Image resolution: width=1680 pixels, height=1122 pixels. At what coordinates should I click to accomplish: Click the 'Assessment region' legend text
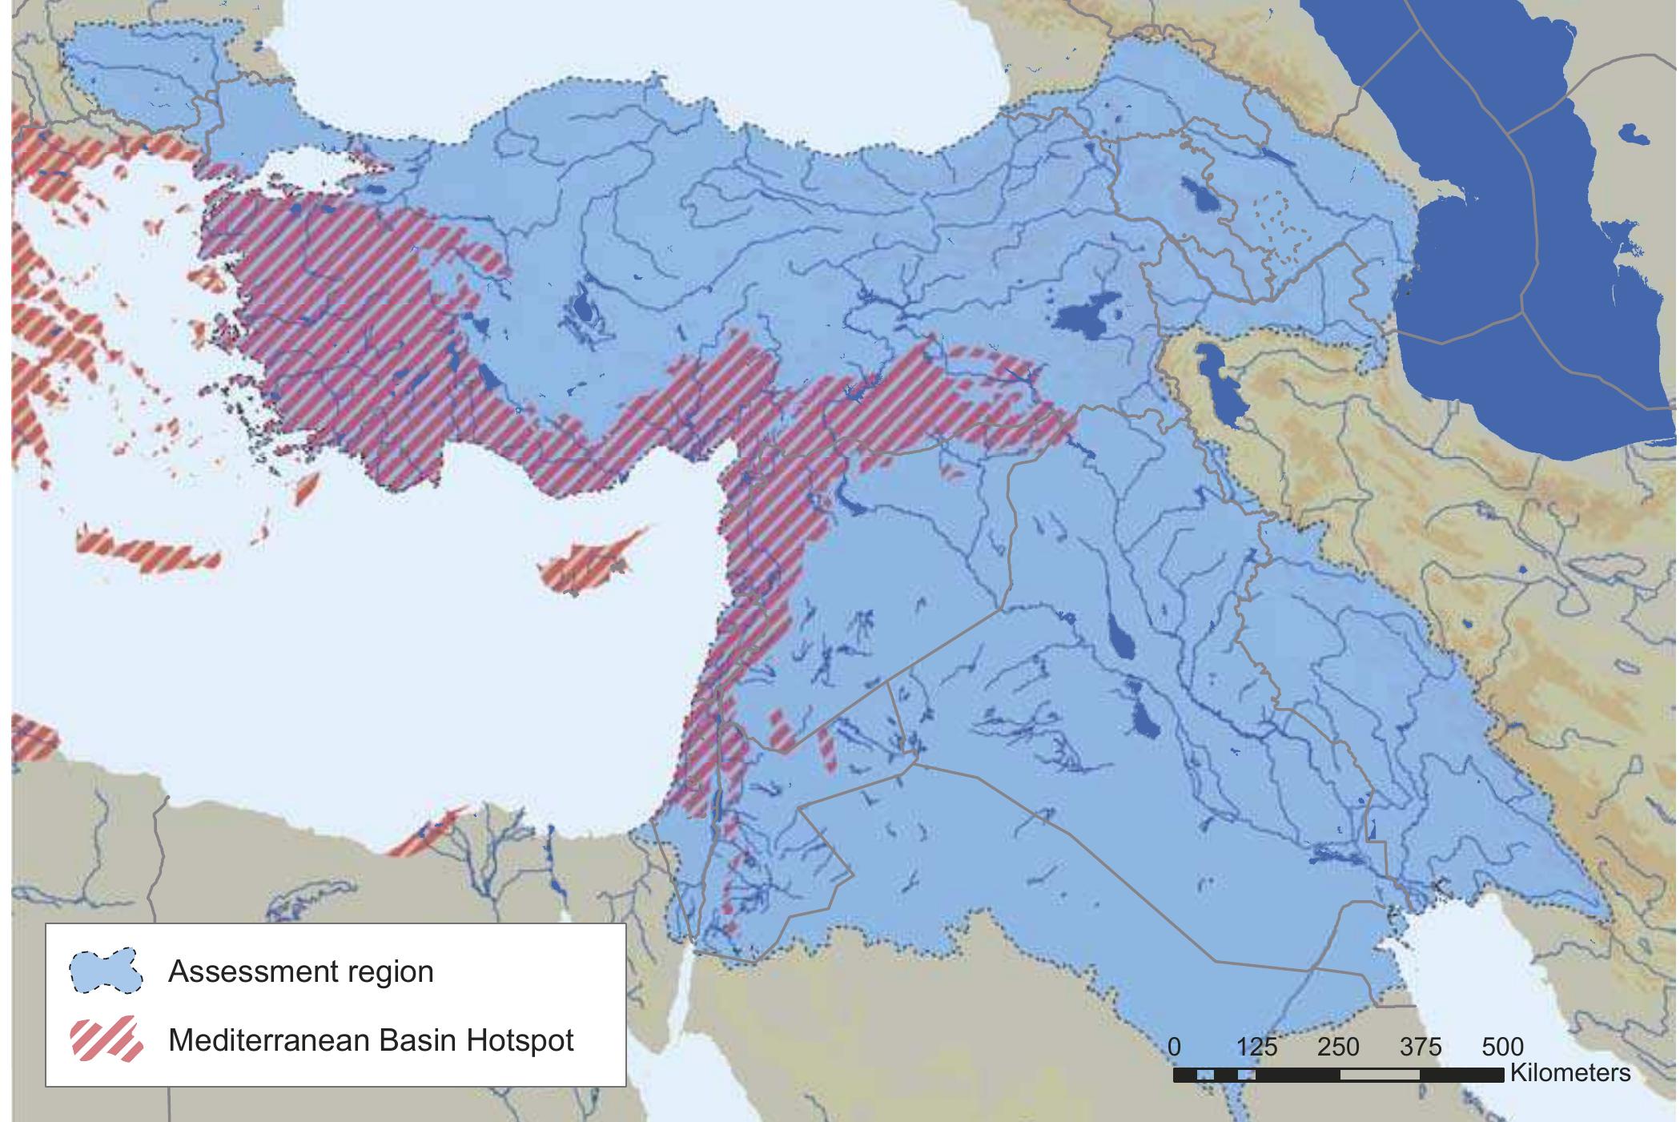coord(300,971)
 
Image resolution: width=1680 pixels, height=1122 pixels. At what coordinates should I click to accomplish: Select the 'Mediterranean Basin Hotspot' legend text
coord(371,1040)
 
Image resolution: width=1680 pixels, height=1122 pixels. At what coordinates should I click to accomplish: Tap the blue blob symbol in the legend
coord(106,971)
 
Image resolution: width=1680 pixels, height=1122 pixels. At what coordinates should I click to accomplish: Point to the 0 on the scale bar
coord(1174,1047)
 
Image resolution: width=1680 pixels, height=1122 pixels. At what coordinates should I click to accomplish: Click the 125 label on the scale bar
coord(1256,1047)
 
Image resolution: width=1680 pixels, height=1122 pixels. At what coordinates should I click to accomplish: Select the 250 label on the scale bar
coord(1338,1047)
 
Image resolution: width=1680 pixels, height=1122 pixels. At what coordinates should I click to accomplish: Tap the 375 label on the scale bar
coord(1421,1047)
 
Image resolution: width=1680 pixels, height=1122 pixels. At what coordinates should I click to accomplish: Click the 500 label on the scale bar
coord(1502,1047)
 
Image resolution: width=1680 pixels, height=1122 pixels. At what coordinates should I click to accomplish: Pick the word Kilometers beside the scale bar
coord(1569,1073)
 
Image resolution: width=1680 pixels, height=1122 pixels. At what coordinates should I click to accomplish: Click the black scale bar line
coord(1337,1075)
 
